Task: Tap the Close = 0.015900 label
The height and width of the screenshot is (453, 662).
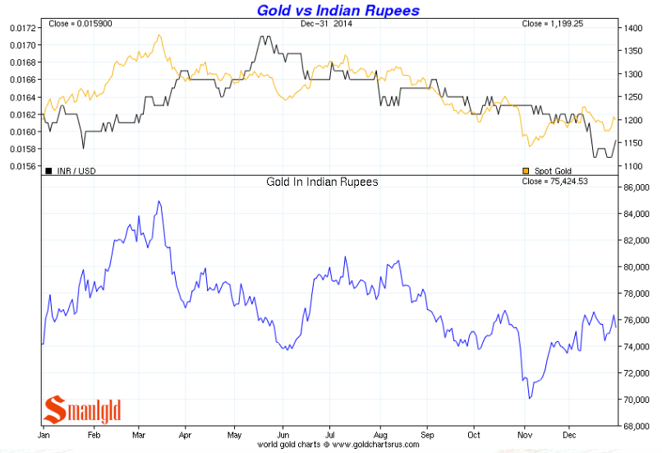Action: [76, 24]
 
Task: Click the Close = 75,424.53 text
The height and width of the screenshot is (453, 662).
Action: [566, 182]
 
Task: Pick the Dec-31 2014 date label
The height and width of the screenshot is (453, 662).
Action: [325, 24]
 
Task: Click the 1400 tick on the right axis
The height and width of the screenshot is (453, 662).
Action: [633, 28]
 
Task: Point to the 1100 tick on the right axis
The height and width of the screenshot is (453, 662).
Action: [633, 167]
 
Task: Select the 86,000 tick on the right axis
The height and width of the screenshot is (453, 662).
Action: [637, 187]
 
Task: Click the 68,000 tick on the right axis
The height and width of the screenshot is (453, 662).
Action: [637, 426]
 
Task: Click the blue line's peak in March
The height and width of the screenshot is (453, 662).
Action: [159, 201]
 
